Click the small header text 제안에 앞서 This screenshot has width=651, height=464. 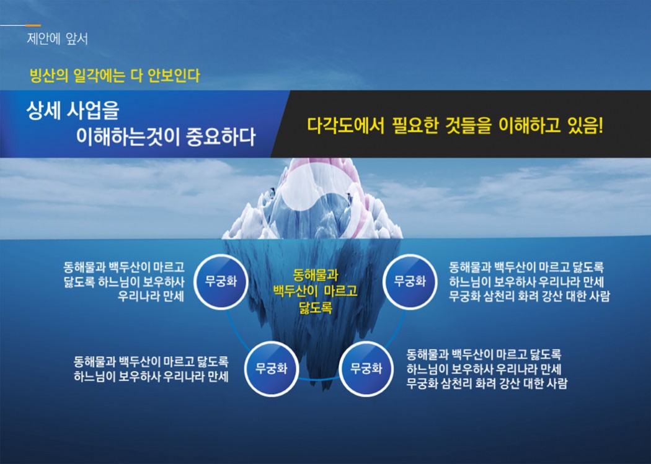(57, 39)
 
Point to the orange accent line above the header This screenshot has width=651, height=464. (33, 25)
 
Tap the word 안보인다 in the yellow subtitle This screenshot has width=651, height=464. (174, 76)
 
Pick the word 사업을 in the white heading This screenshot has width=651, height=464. (94, 111)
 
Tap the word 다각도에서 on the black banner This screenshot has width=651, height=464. (346, 126)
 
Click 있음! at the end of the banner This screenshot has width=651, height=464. (585, 126)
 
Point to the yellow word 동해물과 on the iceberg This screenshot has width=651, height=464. (316, 275)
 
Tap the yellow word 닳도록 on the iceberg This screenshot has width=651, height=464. (316, 307)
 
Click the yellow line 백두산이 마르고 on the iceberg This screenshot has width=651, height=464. (316, 291)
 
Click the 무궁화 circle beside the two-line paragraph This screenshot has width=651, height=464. (272, 369)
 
